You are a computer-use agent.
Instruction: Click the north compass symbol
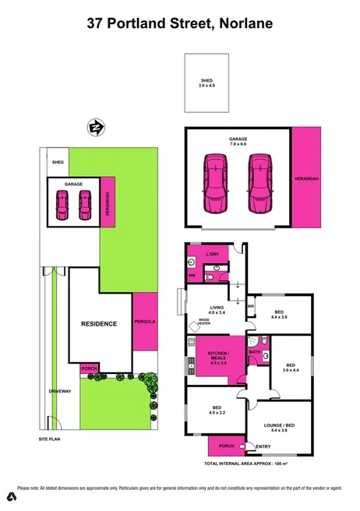pyautogui.click(x=97, y=127)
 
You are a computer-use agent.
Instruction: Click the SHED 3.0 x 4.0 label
pyautogui.click(x=206, y=83)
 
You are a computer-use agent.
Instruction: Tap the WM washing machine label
pyautogui.click(x=192, y=276)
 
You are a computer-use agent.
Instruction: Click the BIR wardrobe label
pyautogui.click(x=251, y=305)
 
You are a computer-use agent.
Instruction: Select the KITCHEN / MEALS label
pyautogui.click(x=217, y=356)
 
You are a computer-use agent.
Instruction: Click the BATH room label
pyautogui.click(x=254, y=352)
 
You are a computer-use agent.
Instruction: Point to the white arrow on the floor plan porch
pyautogui.click(x=245, y=446)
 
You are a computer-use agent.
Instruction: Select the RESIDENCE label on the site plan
pyautogui.click(x=99, y=323)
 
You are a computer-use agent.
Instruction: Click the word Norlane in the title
pyautogui.click(x=245, y=24)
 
